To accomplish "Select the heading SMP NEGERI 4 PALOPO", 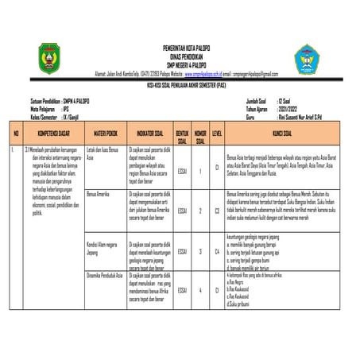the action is click(180, 63).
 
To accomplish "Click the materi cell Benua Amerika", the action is click(99, 194).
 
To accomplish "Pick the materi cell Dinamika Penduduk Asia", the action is click(106, 274).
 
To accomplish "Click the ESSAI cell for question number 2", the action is click(182, 211).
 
